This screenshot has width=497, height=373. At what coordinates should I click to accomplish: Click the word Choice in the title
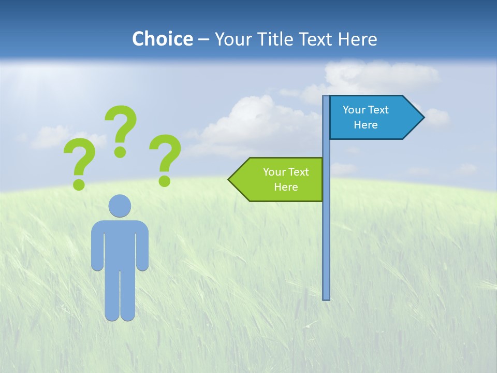(x=162, y=39)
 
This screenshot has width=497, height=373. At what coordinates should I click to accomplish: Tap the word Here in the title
(x=357, y=39)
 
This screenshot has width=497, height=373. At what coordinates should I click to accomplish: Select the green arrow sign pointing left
(x=280, y=179)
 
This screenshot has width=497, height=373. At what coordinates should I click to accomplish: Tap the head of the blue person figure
(x=120, y=206)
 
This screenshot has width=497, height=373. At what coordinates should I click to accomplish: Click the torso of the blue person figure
(x=120, y=243)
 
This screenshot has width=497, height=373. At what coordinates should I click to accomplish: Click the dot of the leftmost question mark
(x=79, y=184)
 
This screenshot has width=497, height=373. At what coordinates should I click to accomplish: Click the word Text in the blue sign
(x=378, y=110)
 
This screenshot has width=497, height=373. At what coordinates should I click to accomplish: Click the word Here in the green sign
(x=286, y=187)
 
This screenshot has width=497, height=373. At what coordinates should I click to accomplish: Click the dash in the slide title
(x=203, y=39)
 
